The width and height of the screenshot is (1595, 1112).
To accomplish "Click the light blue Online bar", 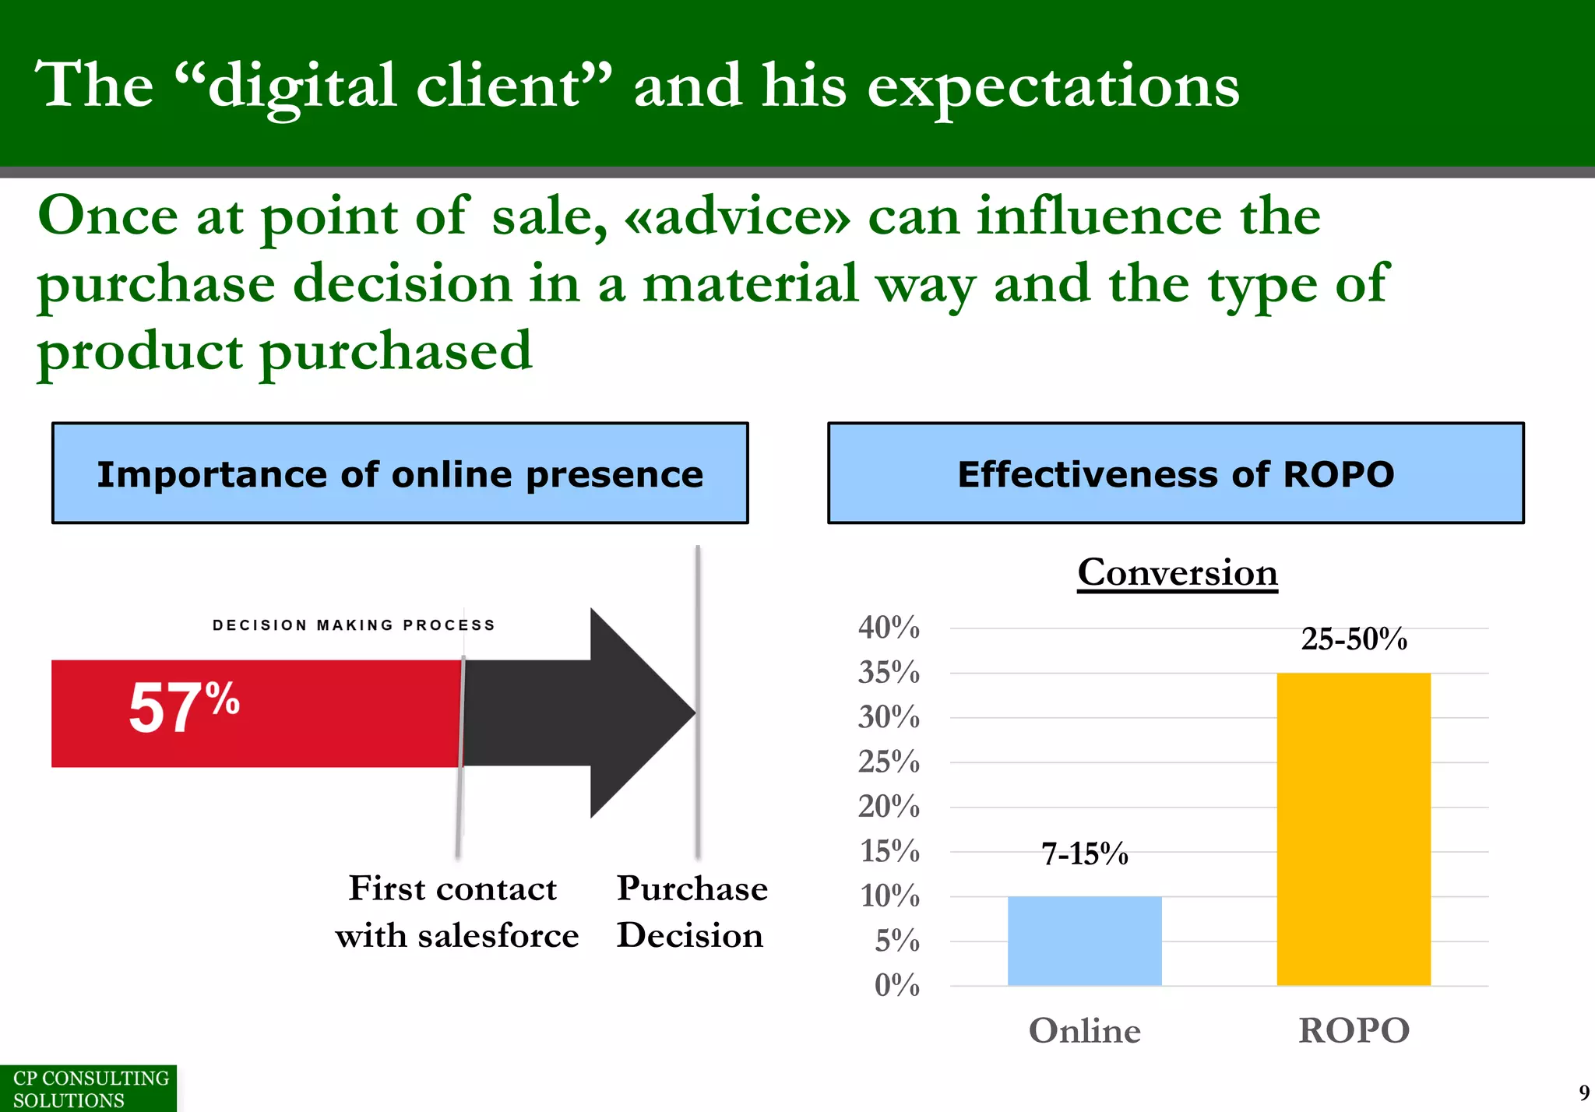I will coord(1084,941).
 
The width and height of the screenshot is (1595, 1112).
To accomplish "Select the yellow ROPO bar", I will coord(1353,829).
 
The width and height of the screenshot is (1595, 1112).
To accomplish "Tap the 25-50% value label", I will coord(1354,639).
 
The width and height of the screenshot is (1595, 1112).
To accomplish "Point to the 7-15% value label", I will coord(1084,854).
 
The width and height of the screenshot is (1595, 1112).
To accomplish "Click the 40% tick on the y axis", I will coord(889,628).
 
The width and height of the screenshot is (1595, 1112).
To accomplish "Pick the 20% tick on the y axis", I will coord(889,807).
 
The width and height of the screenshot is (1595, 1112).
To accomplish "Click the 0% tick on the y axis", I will coord(896,986).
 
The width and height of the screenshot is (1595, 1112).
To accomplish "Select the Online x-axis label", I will coord(1084,1031).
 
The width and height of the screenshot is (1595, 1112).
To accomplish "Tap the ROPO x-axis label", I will coord(1354,1031).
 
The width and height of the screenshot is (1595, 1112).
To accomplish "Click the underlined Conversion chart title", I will coord(1178,573).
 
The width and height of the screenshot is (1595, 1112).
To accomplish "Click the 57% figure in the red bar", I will coord(184,707).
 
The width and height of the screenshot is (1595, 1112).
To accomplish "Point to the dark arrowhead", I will coord(639,713).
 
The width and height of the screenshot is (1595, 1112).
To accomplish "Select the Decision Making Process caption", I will coord(354,625).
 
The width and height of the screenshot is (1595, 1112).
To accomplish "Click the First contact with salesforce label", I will coord(456,911).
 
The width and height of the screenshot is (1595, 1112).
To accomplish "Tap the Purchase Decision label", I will coord(691,911).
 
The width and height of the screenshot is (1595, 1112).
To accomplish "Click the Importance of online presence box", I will coord(400,473).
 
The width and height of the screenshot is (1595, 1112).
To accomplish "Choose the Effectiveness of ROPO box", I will coord(1175,473).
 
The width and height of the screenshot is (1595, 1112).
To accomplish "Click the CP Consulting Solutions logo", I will coord(88,1089).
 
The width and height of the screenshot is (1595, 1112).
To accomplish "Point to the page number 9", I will coord(1583,1093).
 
